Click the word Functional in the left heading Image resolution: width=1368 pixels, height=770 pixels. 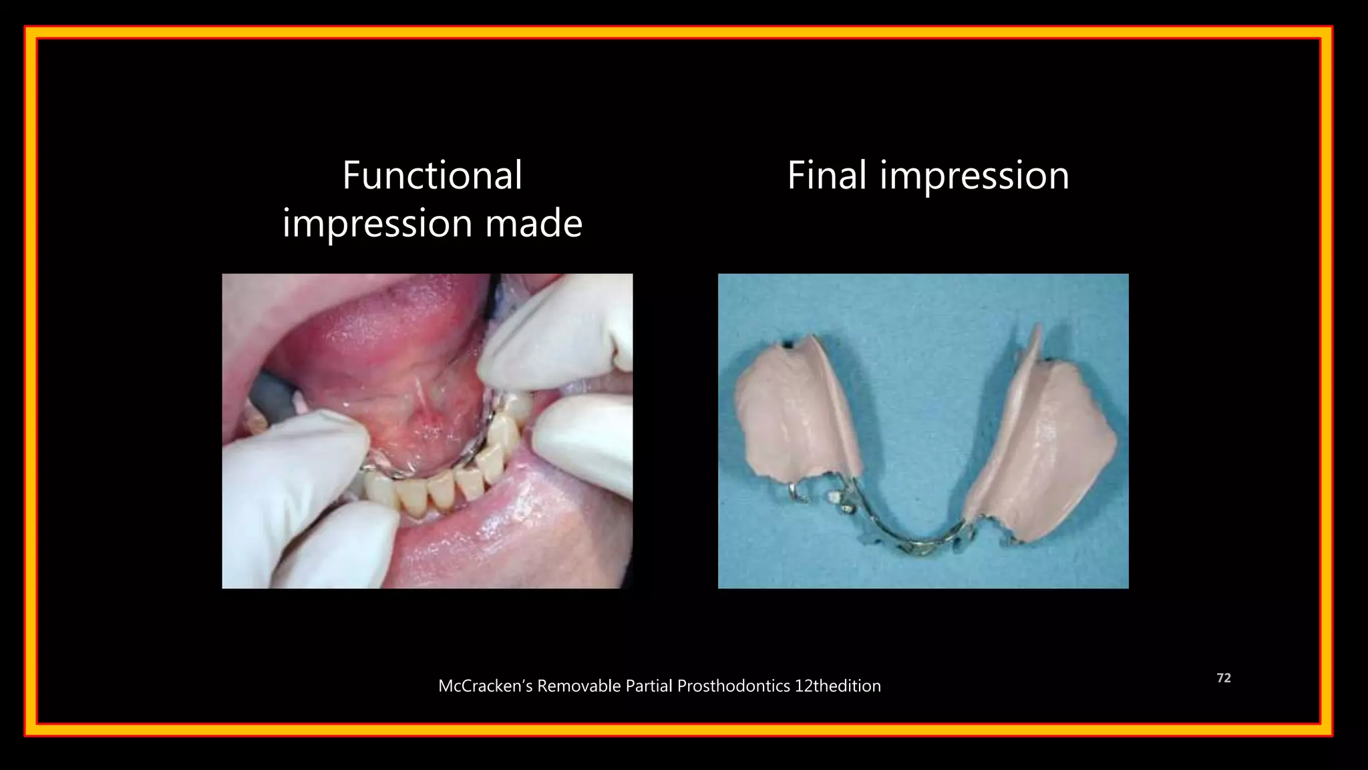432,176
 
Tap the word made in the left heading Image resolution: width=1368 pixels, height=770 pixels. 534,223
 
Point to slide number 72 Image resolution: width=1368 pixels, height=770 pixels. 1223,678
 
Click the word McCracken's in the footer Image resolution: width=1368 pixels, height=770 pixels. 485,686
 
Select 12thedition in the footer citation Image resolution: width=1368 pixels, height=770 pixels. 837,686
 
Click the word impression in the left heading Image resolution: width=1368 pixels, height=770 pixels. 377,224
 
